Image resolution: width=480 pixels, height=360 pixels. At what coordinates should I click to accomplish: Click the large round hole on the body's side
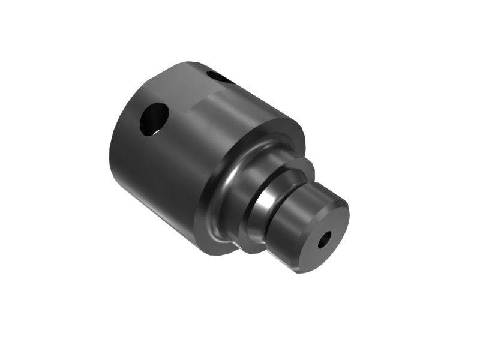154,119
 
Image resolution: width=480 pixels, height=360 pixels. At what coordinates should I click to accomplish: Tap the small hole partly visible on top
220,77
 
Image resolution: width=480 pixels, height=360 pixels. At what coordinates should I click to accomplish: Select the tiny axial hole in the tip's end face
325,239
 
